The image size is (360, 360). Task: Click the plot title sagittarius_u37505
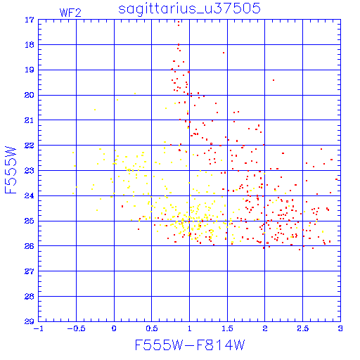189,8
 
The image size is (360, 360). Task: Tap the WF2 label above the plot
70,13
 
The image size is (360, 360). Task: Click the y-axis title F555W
11,170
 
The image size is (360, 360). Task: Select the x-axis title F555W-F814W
190,345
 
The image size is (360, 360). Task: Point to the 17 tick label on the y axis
30,20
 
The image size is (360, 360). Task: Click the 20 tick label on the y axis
30,95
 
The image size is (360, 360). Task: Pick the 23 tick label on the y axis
30,170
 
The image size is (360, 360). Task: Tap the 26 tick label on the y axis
30,246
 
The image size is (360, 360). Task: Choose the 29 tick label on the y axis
30,321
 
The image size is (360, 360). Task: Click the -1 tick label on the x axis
39,328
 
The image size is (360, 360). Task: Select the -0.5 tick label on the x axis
76,328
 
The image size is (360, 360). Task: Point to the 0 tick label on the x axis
114,328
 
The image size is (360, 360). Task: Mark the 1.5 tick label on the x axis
227,328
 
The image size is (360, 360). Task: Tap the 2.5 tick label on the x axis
302,328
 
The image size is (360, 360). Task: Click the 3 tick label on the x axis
340,328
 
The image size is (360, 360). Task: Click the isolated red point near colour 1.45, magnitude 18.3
224,53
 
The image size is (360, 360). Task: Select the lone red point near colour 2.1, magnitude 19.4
274,80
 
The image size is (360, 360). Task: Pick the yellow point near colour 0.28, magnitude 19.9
135,94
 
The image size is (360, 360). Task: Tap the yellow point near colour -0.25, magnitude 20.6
95,110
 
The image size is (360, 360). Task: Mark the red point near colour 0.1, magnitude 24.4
122,206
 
